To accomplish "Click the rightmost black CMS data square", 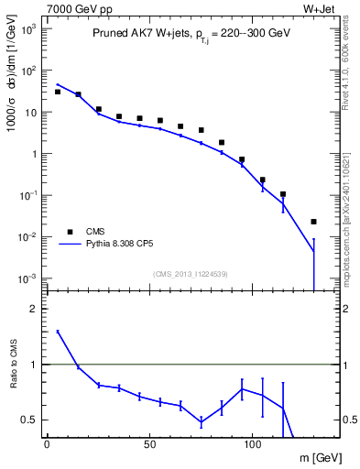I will [313, 222].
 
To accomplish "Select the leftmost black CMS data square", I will [57, 92].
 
